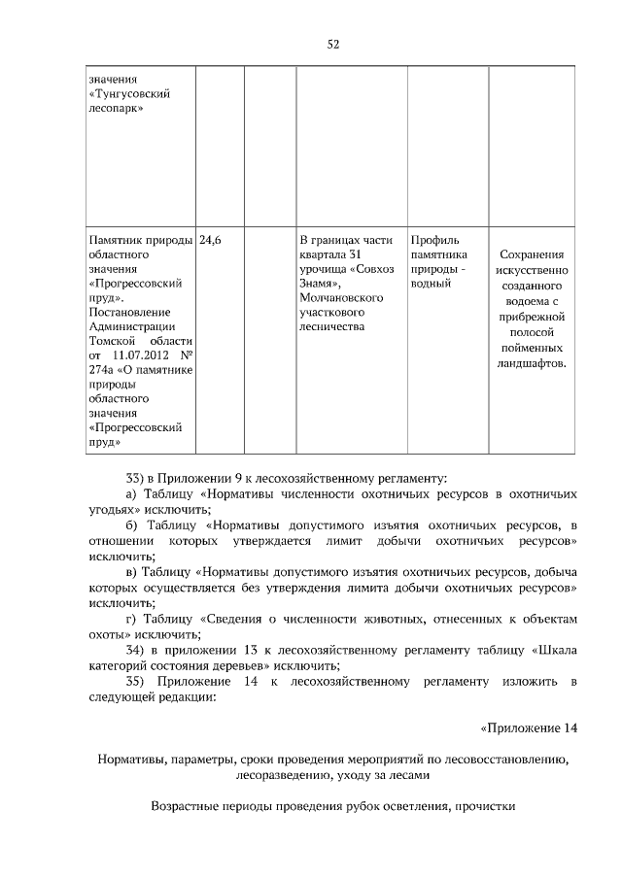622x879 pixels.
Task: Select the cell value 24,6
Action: (x=211, y=240)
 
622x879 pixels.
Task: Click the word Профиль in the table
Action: (x=434, y=240)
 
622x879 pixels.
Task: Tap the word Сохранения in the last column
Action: (x=531, y=254)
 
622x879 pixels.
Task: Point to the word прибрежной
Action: (x=531, y=317)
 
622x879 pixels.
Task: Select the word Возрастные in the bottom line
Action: (x=185, y=805)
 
